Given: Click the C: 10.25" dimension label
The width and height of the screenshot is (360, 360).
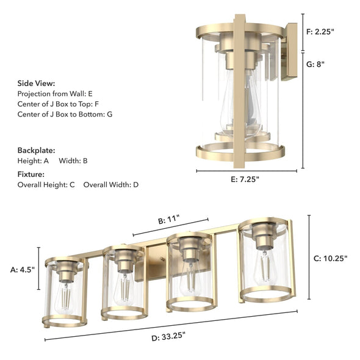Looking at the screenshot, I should point(330,258).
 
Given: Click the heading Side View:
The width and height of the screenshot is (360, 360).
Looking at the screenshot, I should point(36,83).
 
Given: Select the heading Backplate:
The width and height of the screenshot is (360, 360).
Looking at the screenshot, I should point(36,149).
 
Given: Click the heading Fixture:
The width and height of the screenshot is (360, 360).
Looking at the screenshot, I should point(32,174).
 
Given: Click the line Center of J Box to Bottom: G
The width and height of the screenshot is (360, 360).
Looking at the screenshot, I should point(65,114).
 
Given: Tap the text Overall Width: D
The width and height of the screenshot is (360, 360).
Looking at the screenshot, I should point(111,184).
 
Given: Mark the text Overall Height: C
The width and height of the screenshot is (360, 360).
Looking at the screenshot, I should point(46,184).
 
